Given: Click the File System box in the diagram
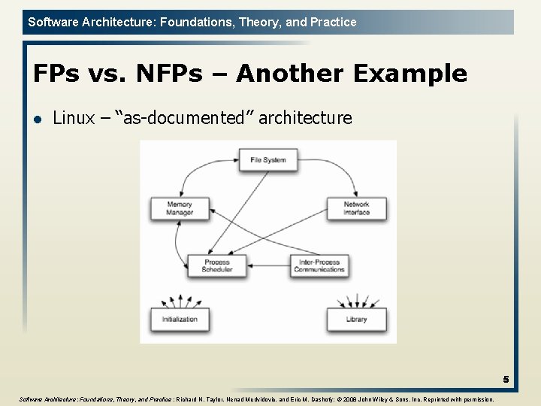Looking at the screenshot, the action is coord(268,159).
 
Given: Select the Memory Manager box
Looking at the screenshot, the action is coord(180,208).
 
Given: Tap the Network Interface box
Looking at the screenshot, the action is coord(356,208).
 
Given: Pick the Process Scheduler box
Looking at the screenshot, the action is coord(216,265).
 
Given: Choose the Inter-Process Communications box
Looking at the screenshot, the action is coord(319,265).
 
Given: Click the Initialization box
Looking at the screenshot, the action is coord(180,319).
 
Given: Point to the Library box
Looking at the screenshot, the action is coord(356,319).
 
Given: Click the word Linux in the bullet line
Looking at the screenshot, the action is coord(74,118).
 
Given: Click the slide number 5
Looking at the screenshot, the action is coord(506,380).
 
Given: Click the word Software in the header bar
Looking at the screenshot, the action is coord(52,22).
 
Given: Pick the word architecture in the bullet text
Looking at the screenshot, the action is coord(304,118).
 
